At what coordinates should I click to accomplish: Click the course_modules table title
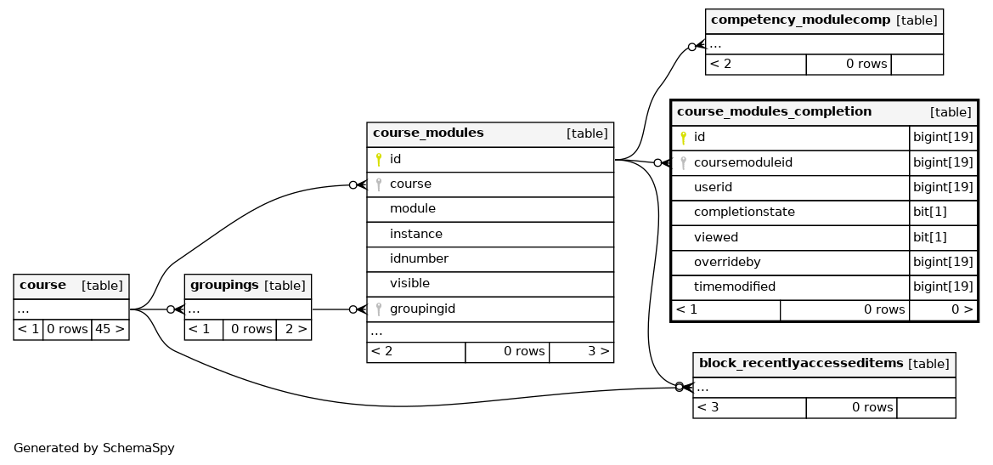point(428,133)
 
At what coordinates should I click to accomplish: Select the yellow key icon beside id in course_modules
point(379,159)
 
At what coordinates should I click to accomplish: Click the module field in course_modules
point(412,208)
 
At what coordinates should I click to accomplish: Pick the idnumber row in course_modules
point(419,258)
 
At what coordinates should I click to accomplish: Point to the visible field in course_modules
point(409,283)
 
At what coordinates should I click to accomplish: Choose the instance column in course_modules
point(416,234)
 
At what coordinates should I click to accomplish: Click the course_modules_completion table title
point(774,112)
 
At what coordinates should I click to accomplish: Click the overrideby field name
point(727,262)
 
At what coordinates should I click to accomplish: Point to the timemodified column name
point(735,286)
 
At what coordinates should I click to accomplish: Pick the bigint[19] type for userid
point(942,188)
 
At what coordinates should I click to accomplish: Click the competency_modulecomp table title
point(800,20)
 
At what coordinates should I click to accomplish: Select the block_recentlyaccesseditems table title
point(800,364)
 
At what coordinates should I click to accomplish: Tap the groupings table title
point(224,286)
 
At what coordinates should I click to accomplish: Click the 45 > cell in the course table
point(110,330)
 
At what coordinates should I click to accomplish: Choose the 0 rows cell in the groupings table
point(250,330)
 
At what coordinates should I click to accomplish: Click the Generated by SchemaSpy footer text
point(93,449)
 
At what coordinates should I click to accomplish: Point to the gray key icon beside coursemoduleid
point(683,163)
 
